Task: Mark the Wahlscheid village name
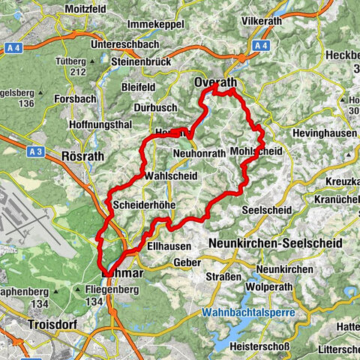click(x=170, y=175)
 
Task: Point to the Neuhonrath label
click(x=199, y=153)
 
